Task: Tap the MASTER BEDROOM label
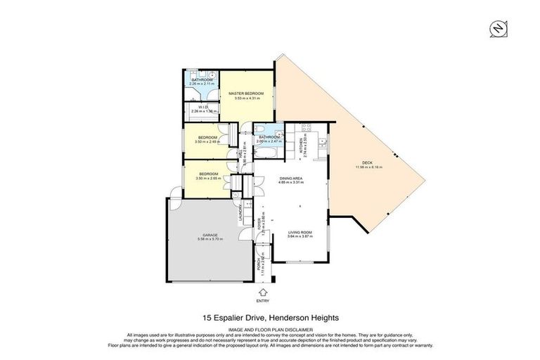(x=249, y=94)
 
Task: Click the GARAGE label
(x=210, y=235)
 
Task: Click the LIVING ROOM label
(x=300, y=232)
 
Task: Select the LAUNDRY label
(x=240, y=212)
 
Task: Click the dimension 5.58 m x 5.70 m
(x=210, y=240)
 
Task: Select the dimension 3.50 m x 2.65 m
(x=208, y=179)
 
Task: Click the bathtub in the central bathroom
(x=268, y=132)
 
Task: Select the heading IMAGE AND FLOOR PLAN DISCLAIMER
(x=269, y=328)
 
